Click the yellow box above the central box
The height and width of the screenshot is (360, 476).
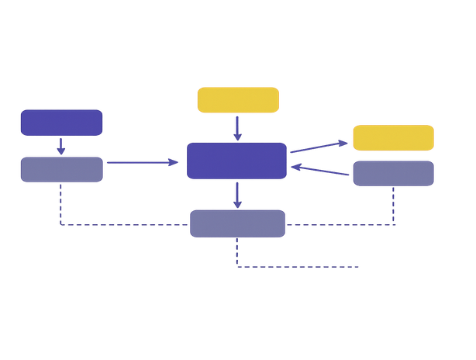point(237,100)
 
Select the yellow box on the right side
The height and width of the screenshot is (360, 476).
point(393,137)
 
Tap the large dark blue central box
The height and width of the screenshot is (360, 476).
point(236,161)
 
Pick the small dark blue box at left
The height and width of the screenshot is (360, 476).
point(61,123)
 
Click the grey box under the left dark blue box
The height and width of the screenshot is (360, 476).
point(61,169)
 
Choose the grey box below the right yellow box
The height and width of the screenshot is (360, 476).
point(393,173)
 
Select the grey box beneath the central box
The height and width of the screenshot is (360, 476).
point(237,223)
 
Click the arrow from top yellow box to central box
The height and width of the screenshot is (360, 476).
point(237,127)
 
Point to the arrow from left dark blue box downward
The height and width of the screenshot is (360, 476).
point(61,146)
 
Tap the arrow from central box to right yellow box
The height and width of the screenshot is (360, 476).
point(319,147)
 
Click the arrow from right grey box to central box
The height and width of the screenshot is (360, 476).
point(321,171)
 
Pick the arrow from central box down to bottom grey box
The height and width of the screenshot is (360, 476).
point(237,194)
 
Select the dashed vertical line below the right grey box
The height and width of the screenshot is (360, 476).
point(395,206)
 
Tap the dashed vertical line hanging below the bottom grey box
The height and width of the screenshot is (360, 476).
point(236,253)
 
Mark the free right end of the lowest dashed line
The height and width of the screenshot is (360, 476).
point(360,268)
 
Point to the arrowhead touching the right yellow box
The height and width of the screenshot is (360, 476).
point(345,142)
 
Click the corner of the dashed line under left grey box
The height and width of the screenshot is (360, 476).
point(60,226)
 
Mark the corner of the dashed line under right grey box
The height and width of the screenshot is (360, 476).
point(395,226)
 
